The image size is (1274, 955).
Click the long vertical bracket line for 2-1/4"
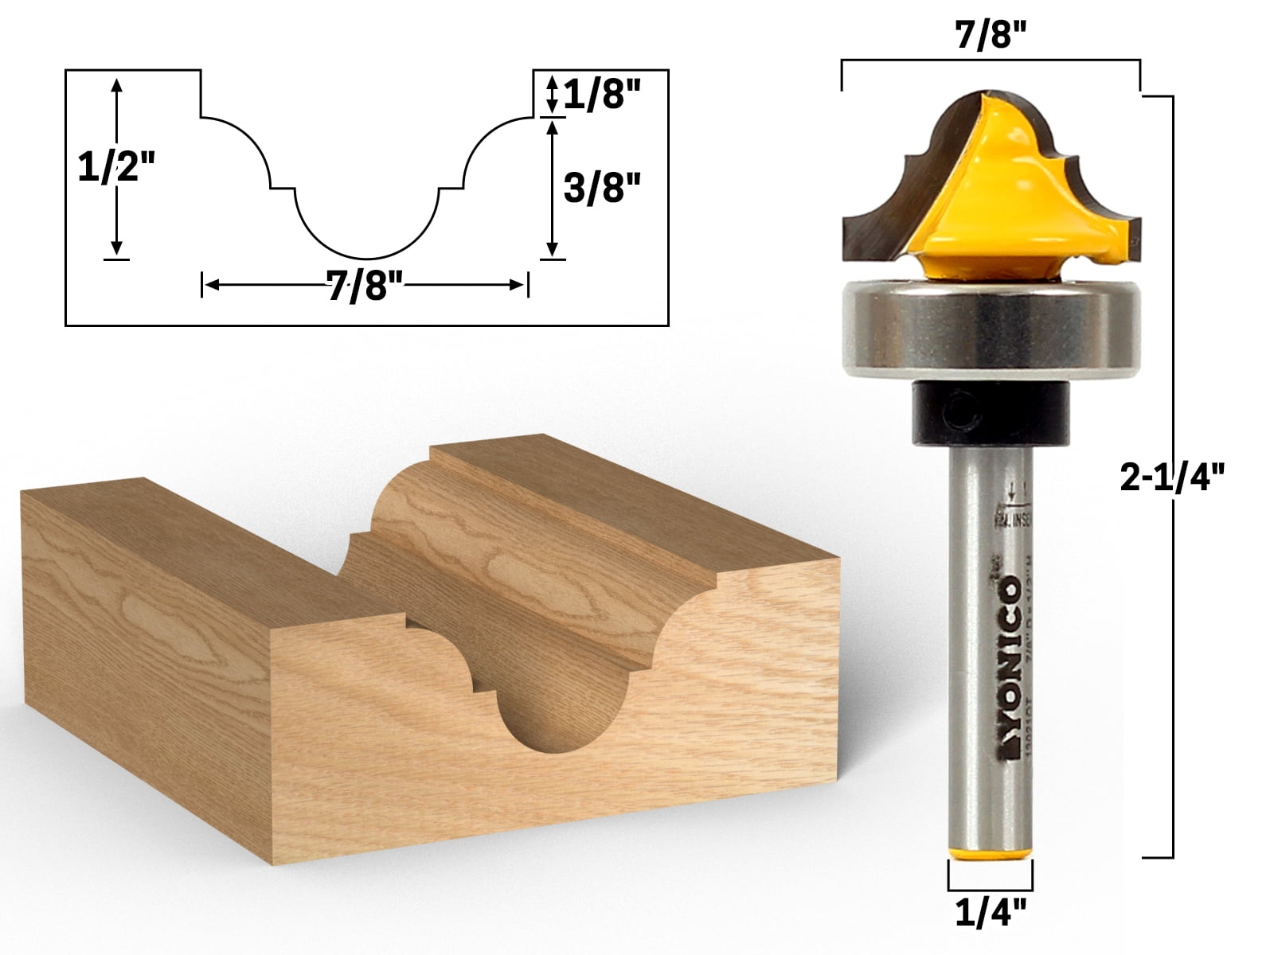point(1173,477)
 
